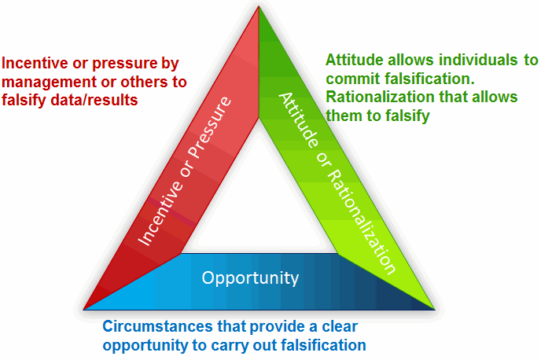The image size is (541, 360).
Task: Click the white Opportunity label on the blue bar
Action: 250,277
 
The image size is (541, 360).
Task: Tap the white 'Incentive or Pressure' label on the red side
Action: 186,171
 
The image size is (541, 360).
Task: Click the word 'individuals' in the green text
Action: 461,60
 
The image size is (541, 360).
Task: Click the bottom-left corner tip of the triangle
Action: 84,307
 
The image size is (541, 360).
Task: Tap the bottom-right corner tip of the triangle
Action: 434,307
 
